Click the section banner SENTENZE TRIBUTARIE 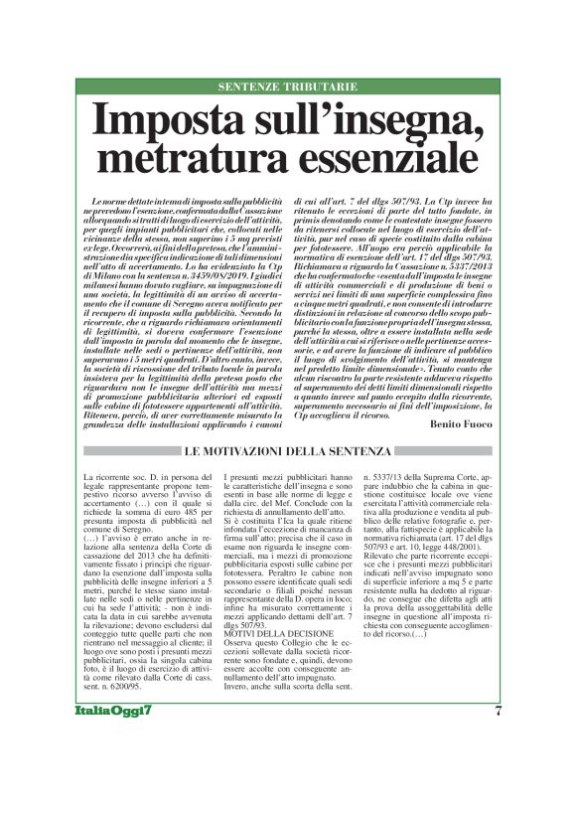click(x=288, y=87)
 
